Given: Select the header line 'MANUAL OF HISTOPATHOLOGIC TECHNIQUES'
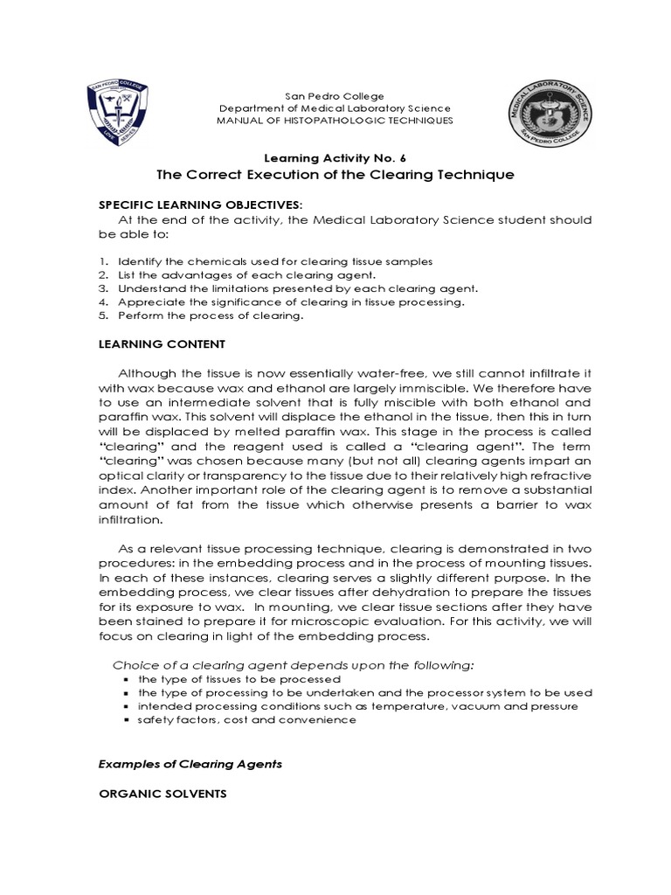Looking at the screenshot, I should click(335, 120).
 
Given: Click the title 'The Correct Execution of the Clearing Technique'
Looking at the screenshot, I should click(335, 174).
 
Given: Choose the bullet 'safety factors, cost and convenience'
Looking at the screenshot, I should click(247, 719).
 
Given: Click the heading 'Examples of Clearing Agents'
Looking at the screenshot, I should click(190, 763).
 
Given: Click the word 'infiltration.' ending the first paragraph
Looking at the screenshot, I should click(130, 518).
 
